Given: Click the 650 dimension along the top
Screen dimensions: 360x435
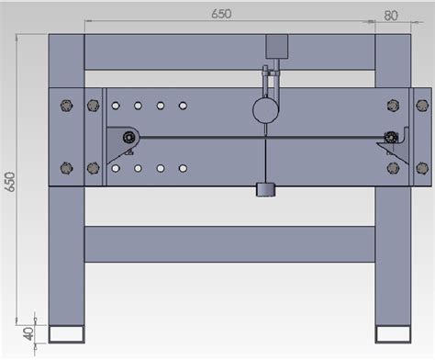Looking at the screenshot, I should coord(221,13).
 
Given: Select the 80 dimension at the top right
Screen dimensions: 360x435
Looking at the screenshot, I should coord(390,14).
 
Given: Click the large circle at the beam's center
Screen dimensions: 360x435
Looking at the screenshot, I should coord(265,111).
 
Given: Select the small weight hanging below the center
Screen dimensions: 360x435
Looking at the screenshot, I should coord(265,190).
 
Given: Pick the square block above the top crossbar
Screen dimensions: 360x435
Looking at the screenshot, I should coord(276,49).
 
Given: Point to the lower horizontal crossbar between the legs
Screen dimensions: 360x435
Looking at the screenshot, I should coord(229,243).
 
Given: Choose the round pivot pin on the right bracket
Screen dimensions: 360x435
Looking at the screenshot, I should coord(392,138).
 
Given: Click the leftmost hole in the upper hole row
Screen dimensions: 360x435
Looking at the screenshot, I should coord(116,107).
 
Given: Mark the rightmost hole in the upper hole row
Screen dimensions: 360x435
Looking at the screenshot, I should coord(183,107).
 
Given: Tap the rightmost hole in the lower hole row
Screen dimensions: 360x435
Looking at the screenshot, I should coord(183,168).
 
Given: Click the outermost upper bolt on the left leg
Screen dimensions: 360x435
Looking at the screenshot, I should coord(64,105).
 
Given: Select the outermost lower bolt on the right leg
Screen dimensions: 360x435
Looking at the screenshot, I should coord(421,168).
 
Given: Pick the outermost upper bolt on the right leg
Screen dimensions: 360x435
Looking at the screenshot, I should coord(421,105).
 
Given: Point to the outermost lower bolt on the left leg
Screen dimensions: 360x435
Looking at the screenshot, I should coord(64,168).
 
